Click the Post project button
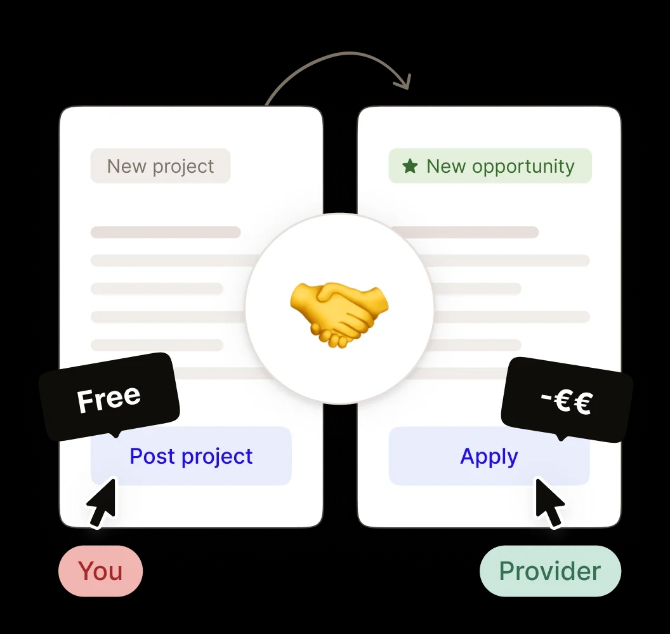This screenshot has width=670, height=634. [x=191, y=456]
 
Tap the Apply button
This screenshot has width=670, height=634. [x=489, y=456]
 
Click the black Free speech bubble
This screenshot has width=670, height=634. [x=109, y=397]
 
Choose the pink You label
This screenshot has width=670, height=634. [x=101, y=570]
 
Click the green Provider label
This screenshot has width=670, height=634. [x=549, y=570]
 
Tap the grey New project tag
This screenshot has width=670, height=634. [x=161, y=166]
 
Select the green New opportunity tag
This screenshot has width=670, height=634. [x=490, y=166]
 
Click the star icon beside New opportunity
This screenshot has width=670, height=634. [x=411, y=166]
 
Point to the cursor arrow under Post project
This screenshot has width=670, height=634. [x=102, y=502]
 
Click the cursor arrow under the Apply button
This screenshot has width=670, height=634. [x=549, y=502]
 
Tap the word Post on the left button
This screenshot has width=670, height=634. [x=152, y=456]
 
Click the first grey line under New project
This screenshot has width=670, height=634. [x=166, y=233]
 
